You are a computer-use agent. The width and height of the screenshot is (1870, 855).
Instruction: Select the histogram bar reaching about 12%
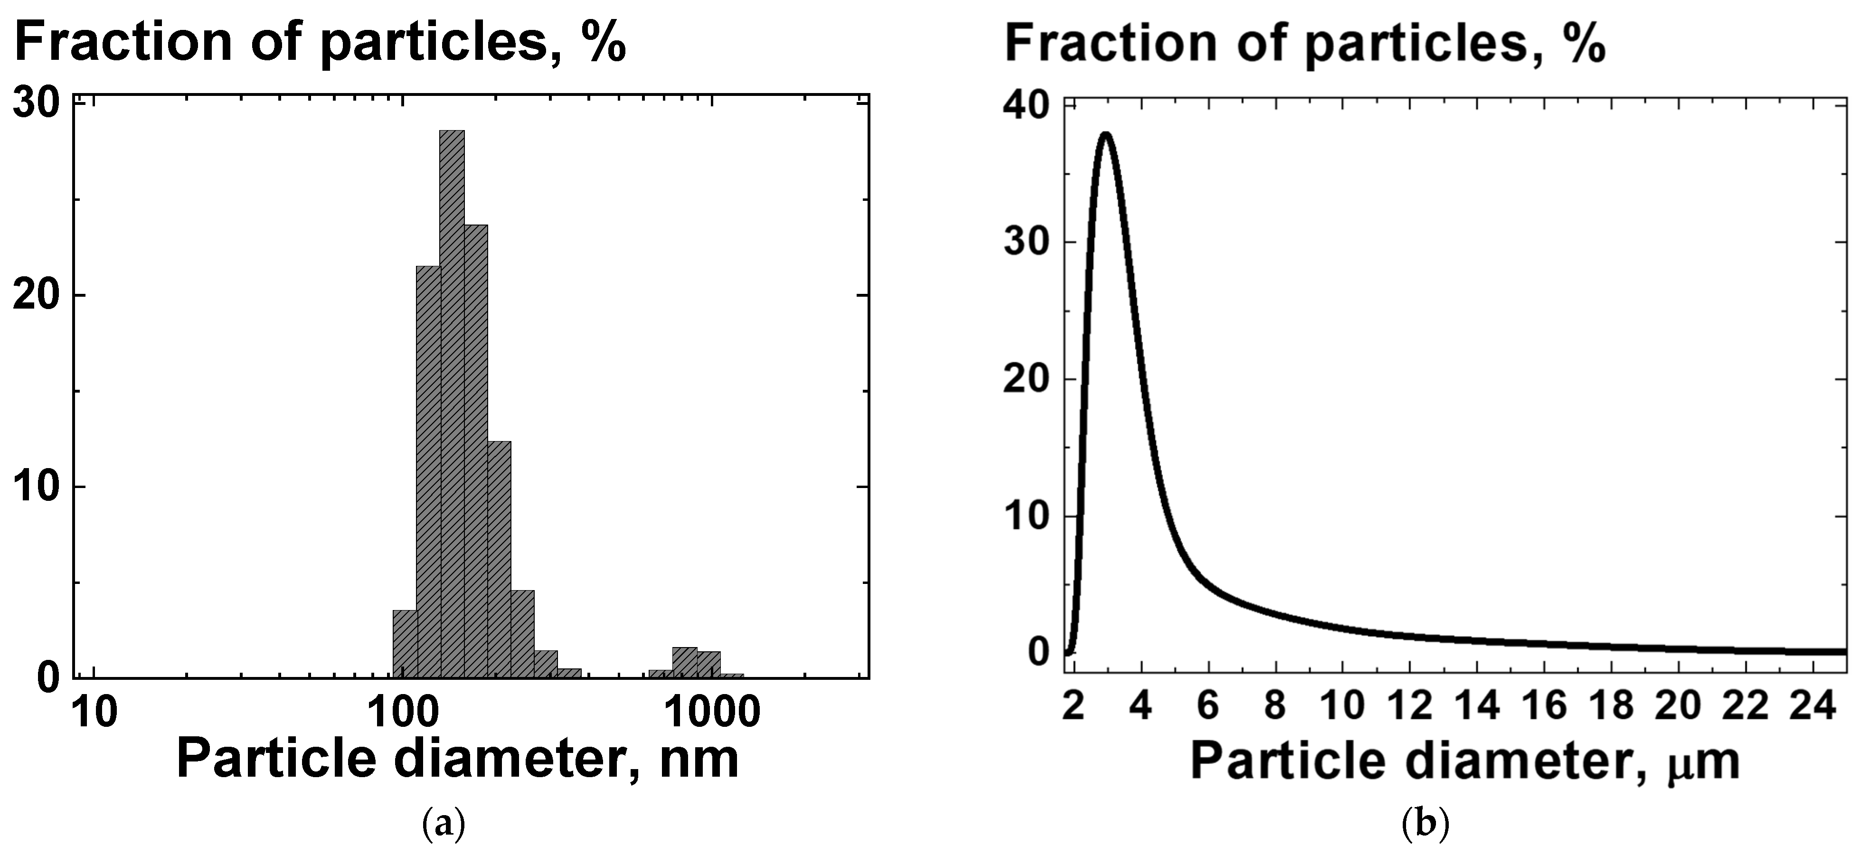(x=499, y=559)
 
